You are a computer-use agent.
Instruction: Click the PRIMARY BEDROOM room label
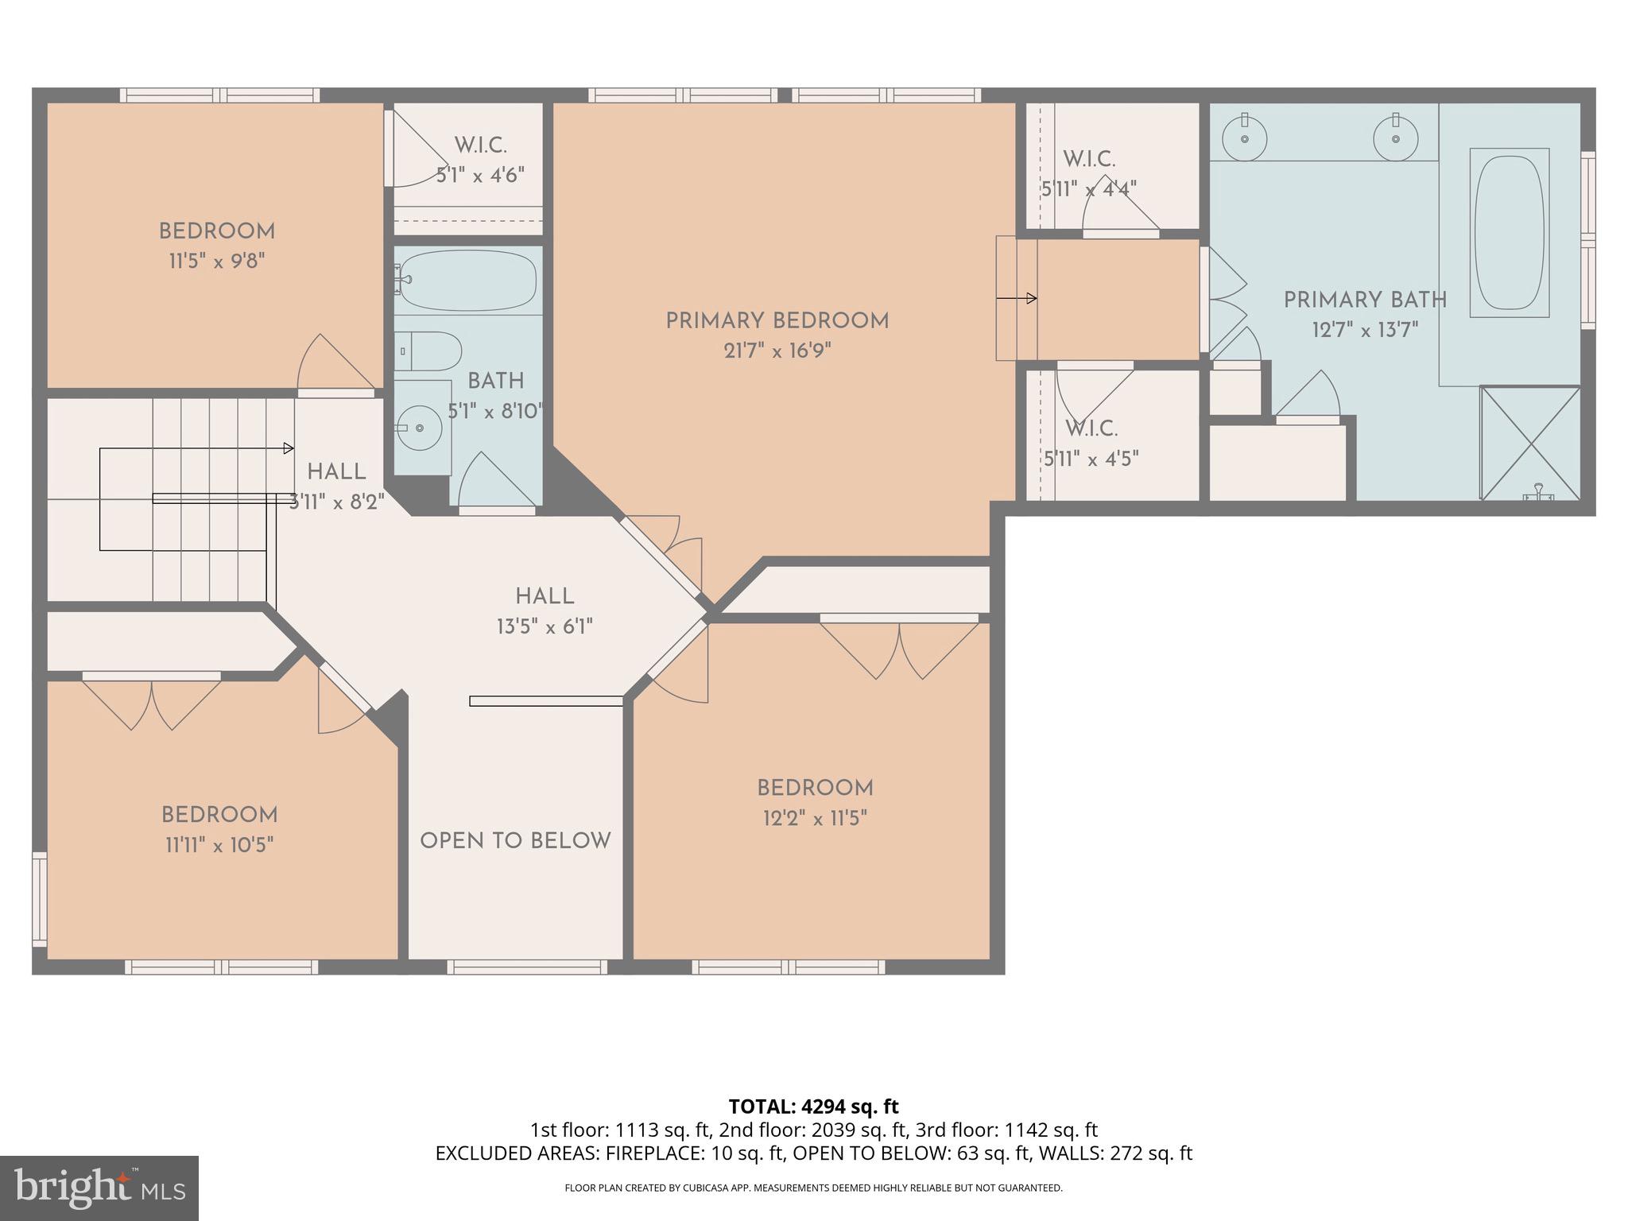[777, 321]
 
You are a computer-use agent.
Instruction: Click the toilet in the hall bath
[429, 351]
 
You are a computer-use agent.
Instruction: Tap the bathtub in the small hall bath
[467, 280]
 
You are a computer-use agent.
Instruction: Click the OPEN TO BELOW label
[515, 841]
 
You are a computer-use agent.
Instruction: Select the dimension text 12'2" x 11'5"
[815, 818]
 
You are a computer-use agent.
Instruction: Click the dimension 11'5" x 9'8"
[216, 261]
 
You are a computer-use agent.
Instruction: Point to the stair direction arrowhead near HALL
[289, 448]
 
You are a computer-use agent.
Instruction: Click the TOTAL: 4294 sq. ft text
[813, 1107]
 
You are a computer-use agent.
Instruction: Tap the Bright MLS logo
[99, 1188]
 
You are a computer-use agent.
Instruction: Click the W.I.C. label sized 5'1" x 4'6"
[480, 145]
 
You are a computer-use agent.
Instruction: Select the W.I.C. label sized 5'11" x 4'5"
[1091, 429]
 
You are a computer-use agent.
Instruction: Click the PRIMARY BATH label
[1365, 300]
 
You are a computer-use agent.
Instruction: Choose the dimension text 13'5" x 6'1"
[545, 626]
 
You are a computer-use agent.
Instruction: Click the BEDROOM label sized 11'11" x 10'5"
[219, 815]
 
